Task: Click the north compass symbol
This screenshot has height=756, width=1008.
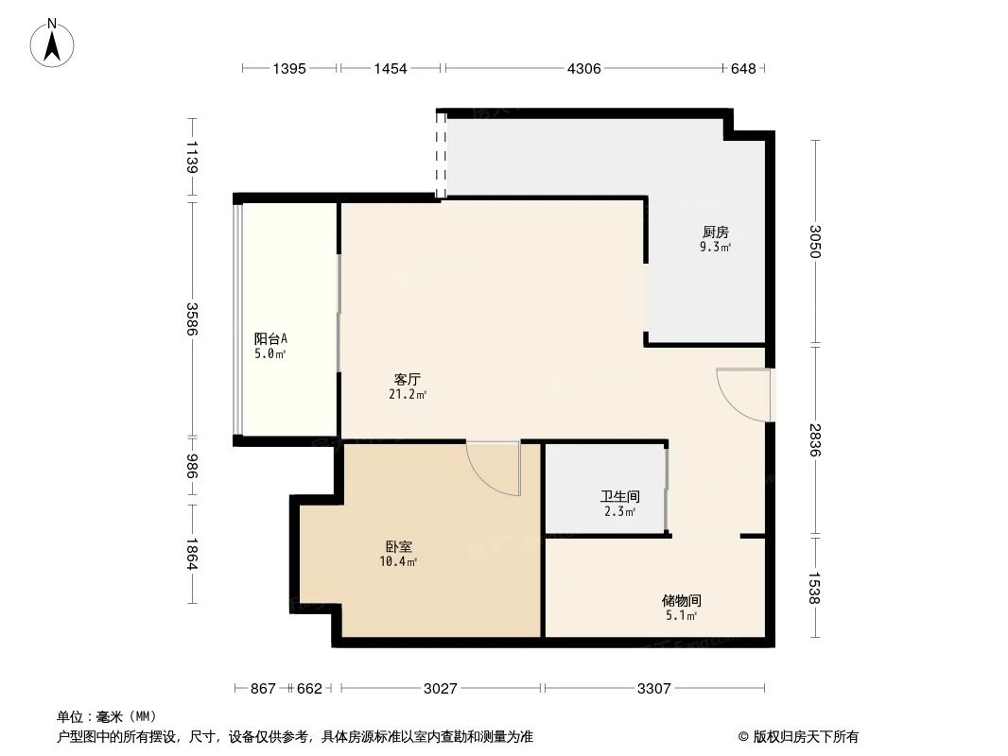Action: [52, 43]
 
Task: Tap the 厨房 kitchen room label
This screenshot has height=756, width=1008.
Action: [715, 232]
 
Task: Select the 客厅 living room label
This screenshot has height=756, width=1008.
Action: [408, 380]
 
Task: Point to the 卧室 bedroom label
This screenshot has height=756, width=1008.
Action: [399, 546]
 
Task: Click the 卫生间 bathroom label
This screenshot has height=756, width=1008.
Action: [619, 496]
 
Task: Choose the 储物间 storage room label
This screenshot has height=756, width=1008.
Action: [682, 601]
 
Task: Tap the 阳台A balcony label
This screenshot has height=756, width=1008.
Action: [270, 338]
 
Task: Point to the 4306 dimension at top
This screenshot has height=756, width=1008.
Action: [583, 68]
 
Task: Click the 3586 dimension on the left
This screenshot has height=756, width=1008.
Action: [192, 318]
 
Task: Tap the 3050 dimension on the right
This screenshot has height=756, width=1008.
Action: [815, 241]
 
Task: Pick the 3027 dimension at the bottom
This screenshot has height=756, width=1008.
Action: [441, 689]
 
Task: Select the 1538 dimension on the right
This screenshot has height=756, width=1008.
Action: [815, 588]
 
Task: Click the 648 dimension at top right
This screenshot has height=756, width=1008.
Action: [743, 68]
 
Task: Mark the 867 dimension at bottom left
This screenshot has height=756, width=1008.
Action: [263, 689]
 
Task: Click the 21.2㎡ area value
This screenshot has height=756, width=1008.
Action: [408, 394]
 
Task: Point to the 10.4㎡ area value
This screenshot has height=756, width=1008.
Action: [399, 561]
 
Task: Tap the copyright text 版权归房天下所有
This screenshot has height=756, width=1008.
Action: [806, 737]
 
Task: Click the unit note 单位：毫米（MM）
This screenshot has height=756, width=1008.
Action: [107, 717]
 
